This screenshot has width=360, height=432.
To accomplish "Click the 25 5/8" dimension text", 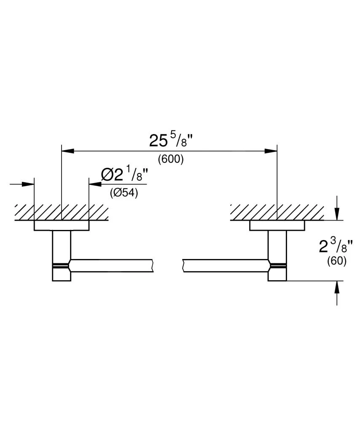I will pos(170,140).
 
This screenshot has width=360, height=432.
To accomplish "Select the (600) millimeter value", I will pos(170,159).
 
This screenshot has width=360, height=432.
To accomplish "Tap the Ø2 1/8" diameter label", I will pos(124,174).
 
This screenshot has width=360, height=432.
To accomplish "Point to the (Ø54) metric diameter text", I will pos(124,193).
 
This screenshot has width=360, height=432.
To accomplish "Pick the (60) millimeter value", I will pos(337,261).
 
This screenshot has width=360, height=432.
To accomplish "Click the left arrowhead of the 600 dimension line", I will pos(67,151).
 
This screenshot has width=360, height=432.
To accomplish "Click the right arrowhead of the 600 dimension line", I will pos(271,151).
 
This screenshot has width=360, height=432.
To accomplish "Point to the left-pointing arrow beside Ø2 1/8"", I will pos(94,184).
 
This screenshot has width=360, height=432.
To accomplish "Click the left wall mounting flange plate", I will pos(62,226).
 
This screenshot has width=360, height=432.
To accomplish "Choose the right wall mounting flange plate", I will pos(277,226).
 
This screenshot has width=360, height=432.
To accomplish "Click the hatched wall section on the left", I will pos(62,212).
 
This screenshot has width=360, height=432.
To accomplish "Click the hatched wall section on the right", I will pos(277,212).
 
